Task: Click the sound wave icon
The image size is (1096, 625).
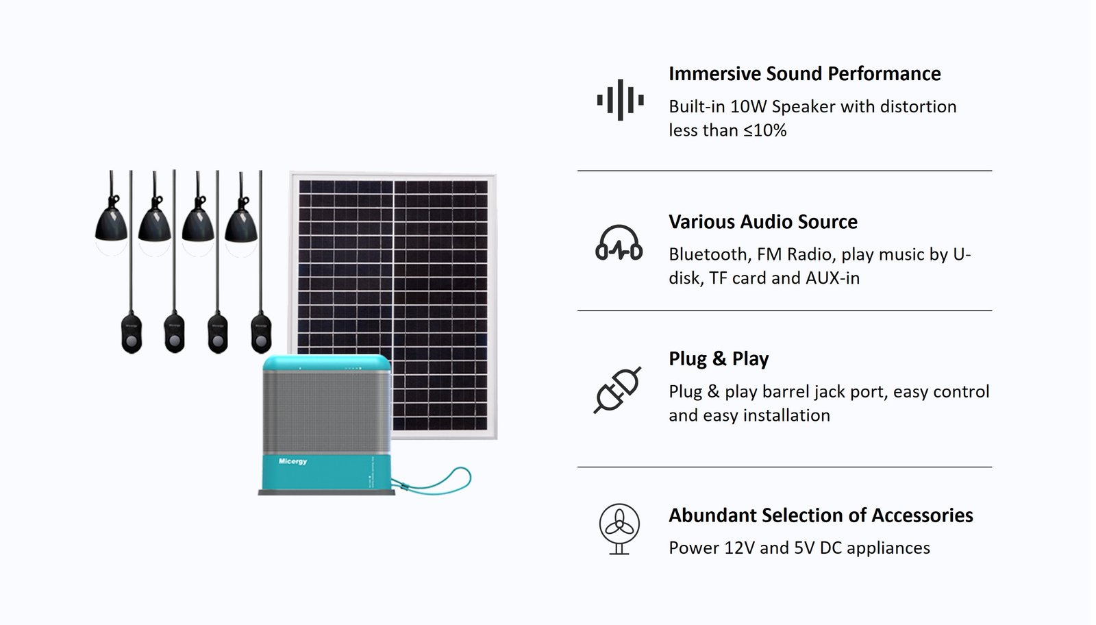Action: click(x=620, y=100)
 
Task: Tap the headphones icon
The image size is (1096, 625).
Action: click(x=619, y=243)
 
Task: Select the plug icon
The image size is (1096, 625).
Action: click(x=617, y=390)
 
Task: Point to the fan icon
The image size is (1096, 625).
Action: click(x=619, y=529)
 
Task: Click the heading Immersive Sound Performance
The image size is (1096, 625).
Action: click(x=804, y=73)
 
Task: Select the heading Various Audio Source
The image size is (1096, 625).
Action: click(x=763, y=222)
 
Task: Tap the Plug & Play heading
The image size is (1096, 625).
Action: click(x=719, y=358)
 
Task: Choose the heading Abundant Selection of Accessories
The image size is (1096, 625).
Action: click(x=821, y=515)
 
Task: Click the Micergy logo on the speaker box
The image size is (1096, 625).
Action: click(x=292, y=461)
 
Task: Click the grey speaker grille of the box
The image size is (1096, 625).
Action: click(x=326, y=412)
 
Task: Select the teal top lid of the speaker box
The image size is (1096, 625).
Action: click(x=326, y=363)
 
